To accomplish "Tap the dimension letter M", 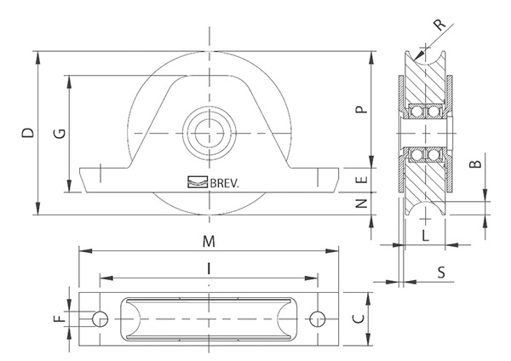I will [209, 241].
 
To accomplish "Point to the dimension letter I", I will [209, 268].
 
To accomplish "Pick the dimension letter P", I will [361, 110].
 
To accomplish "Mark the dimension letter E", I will [361, 180].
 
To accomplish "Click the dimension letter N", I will [361, 204].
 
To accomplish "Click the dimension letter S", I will [440, 272].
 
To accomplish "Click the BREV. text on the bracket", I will [224, 180].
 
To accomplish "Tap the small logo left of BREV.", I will [198, 180].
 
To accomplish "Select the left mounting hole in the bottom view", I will [100, 318].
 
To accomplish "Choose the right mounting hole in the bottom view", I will [318, 318].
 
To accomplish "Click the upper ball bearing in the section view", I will [423, 112].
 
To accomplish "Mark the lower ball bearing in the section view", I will [423, 154].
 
